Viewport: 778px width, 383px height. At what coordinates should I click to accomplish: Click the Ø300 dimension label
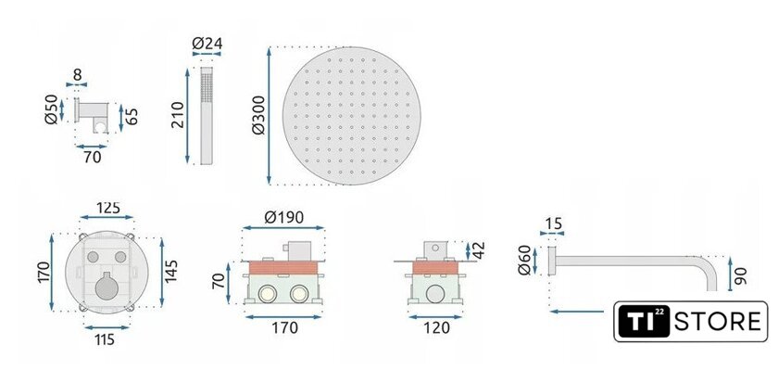click(x=258, y=115)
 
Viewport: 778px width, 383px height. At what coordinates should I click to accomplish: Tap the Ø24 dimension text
click(x=207, y=44)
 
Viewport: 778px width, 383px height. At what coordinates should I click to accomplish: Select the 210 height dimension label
click(x=177, y=115)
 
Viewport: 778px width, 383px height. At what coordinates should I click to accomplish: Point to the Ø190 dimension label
click(x=283, y=217)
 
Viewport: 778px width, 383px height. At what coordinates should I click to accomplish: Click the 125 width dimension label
click(x=108, y=208)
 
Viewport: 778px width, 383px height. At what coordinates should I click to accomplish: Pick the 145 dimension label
click(x=170, y=271)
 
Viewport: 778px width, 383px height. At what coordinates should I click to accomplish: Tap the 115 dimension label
click(x=106, y=339)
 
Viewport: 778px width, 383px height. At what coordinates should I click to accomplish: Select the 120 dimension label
click(x=437, y=328)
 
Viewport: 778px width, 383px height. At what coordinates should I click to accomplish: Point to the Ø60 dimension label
click(x=523, y=260)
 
